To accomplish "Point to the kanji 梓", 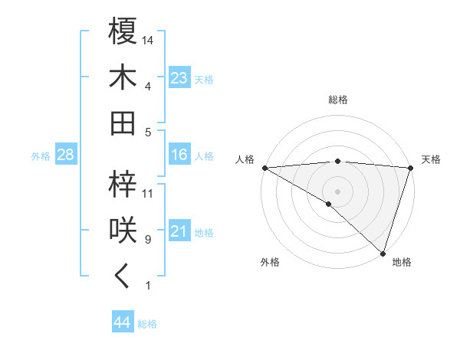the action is coord(123,183).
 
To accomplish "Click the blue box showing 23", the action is coord(179,78).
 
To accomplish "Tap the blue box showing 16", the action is coord(179,155).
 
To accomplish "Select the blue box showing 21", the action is coord(179,231).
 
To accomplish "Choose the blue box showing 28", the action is coord(66,155).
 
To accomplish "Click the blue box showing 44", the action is coord(122,322).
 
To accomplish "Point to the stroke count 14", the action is coord(149,40).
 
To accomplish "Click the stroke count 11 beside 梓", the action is coord(148,194).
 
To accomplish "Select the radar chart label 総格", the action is coord(337,100).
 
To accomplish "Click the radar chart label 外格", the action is coord(270,263).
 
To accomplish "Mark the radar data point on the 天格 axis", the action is coord(410,168).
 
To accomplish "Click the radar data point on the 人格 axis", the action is coord(264,168).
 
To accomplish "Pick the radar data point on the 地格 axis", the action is coord(383,253).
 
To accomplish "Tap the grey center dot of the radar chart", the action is coord(337,191).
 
